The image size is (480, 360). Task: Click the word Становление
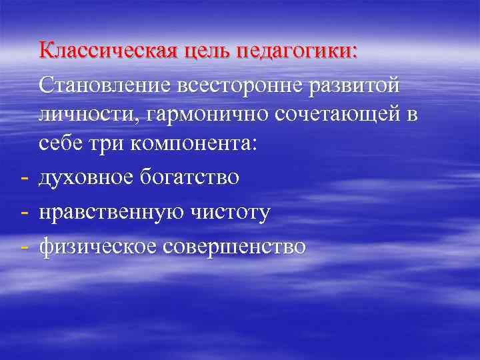[107, 85]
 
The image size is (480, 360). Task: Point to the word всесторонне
[238, 85]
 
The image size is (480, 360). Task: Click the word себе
[61, 144]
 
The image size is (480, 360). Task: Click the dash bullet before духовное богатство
[24, 178]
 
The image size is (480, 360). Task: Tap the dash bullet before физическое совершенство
[24, 247]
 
